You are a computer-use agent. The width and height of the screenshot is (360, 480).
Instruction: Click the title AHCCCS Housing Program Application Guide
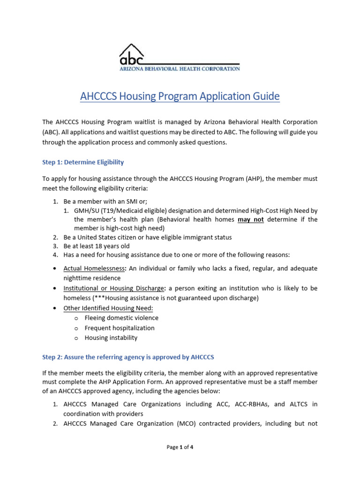pos(180,97)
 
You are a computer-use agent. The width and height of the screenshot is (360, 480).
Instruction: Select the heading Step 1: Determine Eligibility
pos(83,162)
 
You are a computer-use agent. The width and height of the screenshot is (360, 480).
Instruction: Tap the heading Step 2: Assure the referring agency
pos(128,357)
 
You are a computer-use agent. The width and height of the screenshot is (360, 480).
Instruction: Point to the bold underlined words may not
pos(251,219)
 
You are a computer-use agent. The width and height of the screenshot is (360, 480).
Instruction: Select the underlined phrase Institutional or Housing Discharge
pos(113,288)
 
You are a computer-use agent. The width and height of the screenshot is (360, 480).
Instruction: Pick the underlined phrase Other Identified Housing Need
pos(108,308)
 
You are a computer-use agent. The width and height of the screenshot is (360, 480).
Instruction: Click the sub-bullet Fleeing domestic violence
pos(121,318)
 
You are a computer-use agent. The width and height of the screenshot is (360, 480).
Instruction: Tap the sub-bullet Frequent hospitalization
pos(119,328)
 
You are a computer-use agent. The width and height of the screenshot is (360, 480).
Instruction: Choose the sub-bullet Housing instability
pos(111,337)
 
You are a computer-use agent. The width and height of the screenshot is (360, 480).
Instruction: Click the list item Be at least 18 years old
pos(97,246)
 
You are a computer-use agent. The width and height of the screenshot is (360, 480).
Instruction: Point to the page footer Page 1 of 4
pos(180,447)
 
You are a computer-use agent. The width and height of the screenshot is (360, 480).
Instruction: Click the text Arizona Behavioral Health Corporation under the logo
pos(179,68)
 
